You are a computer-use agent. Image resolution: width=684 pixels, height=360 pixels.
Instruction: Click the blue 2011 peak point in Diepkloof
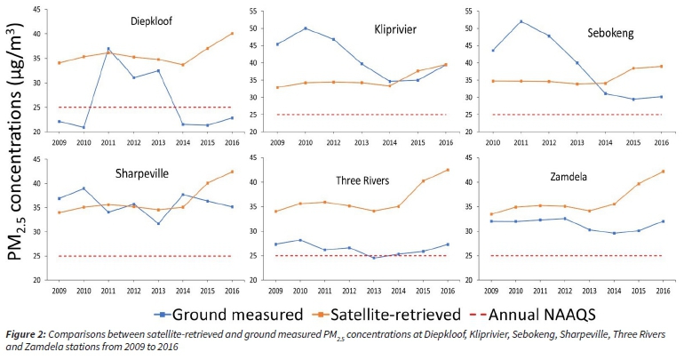(108, 48)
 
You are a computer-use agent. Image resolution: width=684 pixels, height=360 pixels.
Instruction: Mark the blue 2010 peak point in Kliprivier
(306, 28)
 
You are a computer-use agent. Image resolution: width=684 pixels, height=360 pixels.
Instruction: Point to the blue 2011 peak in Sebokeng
(521, 21)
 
